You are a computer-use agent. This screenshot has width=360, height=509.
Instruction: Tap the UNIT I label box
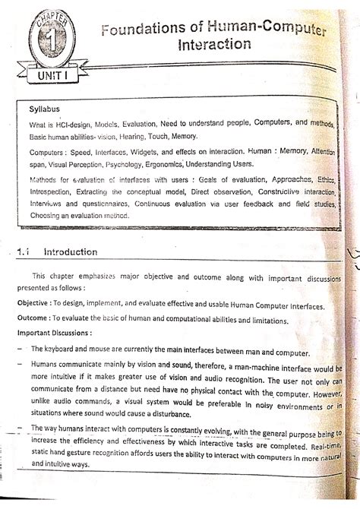click(48, 77)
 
